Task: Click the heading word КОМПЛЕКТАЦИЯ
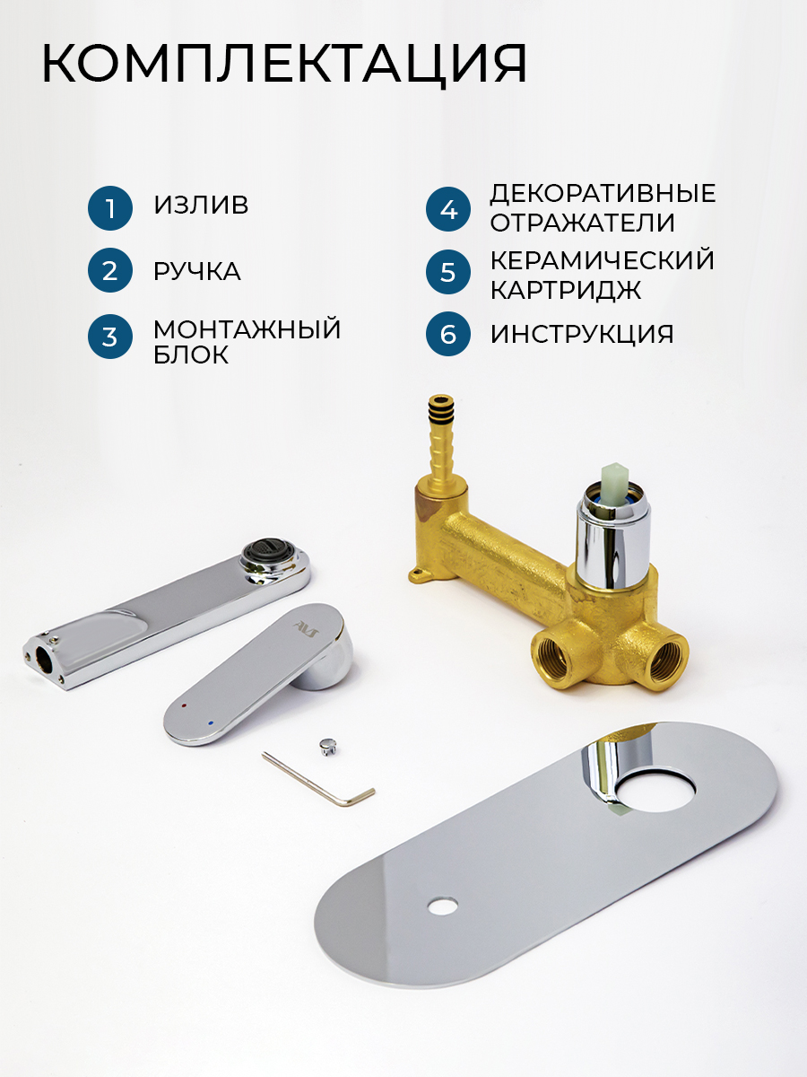(x=284, y=65)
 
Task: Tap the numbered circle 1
(x=110, y=208)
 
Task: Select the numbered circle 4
(x=447, y=209)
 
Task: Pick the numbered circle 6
(x=447, y=334)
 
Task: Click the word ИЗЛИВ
(x=201, y=206)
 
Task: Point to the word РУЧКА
(x=197, y=271)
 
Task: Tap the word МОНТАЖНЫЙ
(x=247, y=328)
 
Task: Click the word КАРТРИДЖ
(x=566, y=290)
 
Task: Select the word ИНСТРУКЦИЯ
(x=582, y=334)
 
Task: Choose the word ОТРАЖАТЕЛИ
(x=583, y=223)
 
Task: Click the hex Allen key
(x=318, y=779)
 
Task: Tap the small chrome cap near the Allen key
(x=327, y=747)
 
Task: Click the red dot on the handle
(x=184, y=706)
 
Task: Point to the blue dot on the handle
(x=211, y=723)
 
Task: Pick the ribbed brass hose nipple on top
(x=441, y=439)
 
